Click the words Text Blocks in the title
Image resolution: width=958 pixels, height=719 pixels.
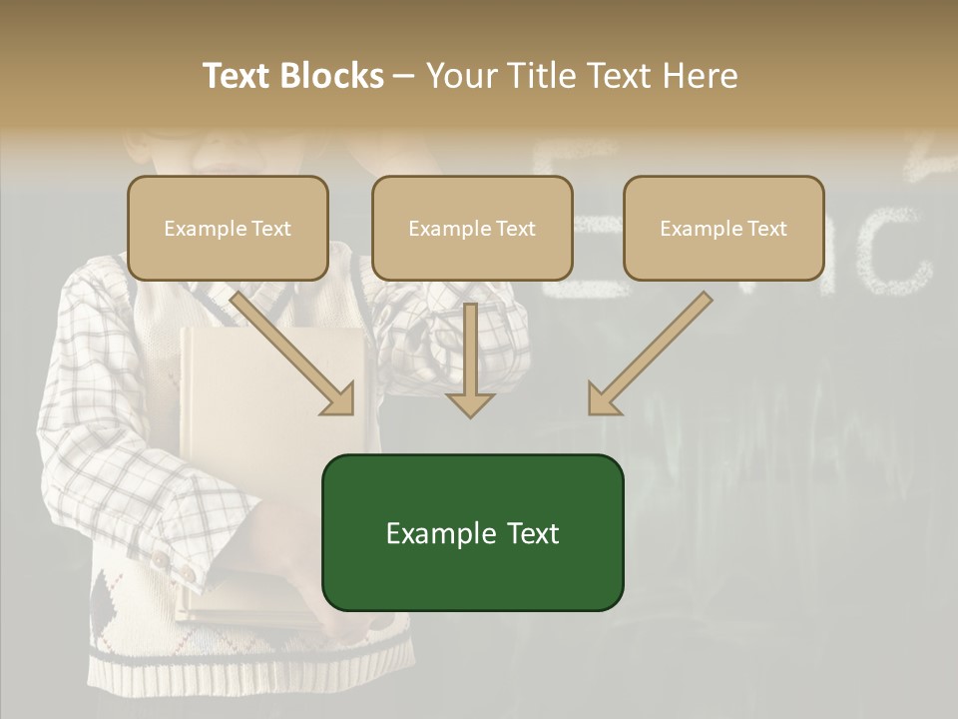[292, 76]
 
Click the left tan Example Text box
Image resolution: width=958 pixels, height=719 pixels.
[228, 228]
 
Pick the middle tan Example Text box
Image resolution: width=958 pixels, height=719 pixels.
[472, 228]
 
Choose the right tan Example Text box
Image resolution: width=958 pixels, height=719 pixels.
[723, 228]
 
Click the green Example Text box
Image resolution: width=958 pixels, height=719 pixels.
[472, 532]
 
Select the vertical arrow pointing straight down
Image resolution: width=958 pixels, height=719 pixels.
[470, 359]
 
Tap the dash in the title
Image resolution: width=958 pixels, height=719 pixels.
[404, 76]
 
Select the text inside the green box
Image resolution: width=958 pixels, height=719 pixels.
[472, 533]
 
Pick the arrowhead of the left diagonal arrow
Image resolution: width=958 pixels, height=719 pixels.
[339, 399]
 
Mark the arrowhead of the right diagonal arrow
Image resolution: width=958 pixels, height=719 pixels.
[604, 399]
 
